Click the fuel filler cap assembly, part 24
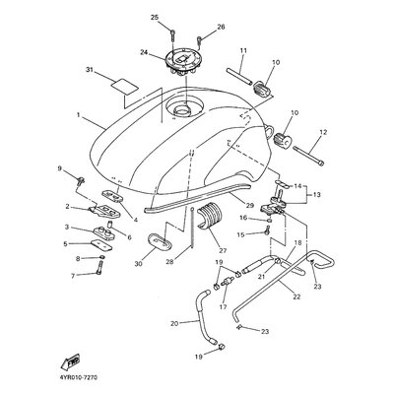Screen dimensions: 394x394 (x=184, y=63)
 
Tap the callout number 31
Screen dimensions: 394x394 (x=90, y=70)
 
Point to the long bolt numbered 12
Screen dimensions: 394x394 (x=307, y=156)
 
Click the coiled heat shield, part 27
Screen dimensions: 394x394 (x=212, y=217)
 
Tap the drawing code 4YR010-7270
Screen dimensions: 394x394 (x=74, y=378)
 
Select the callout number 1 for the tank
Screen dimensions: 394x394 (x=79, y=115)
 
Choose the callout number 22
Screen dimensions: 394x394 (x=296, y=296)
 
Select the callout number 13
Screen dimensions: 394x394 (x=317, y=195)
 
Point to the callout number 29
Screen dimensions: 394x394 (x=250, y=206)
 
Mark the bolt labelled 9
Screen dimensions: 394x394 (x=81, y=180)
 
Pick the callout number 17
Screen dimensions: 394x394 (x=224, y=307)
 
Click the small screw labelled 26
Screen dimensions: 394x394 (x=199, y=40)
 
